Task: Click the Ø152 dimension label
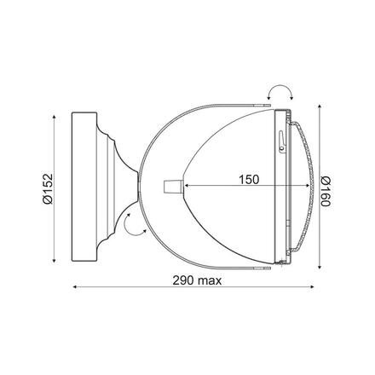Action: coord(48,188)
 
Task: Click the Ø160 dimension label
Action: coord(326,191)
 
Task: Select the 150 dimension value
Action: coord(249,180)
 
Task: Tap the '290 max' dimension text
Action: coord(197,280)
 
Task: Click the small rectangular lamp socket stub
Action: coord(173,187)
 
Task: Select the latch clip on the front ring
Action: coord(281,142)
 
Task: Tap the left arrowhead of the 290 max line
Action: coord(75,287)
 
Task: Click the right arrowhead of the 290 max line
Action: coord(312,287)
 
